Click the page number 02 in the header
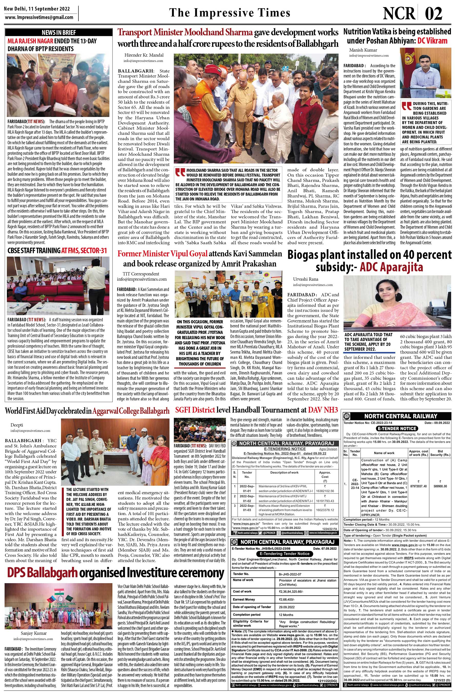(x=433, y=13)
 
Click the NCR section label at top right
(x=399, y=13)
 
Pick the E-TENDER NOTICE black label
(x=396, y=428)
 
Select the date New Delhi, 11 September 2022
(x=37, y=8)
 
